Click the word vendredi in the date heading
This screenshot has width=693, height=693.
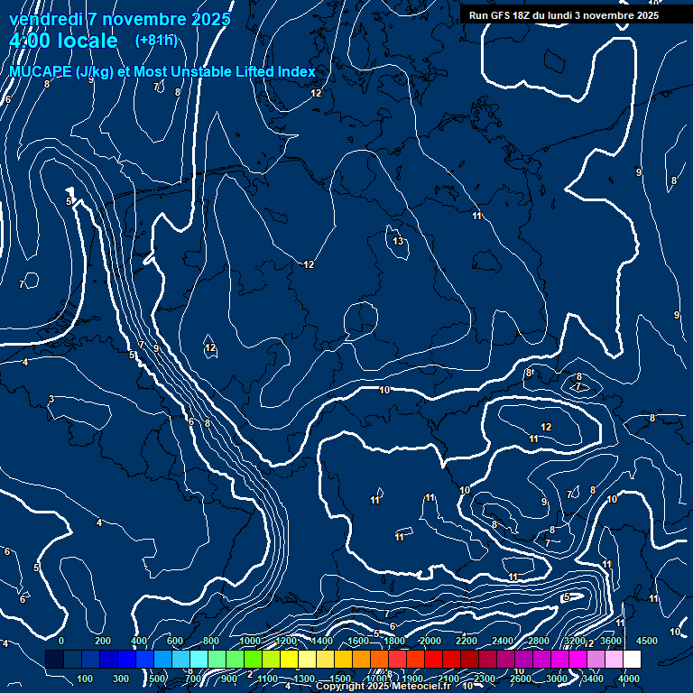[x=45, y=19]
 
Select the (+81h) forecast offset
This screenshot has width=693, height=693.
[x=156, y=41]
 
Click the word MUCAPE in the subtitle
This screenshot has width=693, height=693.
[x=39, y=72]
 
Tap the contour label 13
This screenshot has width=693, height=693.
[x=398, y=242]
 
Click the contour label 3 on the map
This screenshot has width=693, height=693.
[x=51, y=399]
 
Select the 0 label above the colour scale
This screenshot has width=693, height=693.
[x=61, y=641]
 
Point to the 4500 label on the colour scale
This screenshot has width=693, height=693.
[x=647, y=641]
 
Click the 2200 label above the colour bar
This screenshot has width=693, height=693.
[x=467, y=641]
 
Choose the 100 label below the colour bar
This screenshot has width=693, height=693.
[x=86, y=679]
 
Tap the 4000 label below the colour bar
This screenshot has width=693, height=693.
[x=630, y=679]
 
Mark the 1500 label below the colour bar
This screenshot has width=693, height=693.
[x=340, y=679]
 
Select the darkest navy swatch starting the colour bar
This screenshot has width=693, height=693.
[x=54, y=660]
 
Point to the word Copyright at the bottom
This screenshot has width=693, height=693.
[x=340, y=687]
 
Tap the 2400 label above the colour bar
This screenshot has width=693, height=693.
[x=503, y=641]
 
